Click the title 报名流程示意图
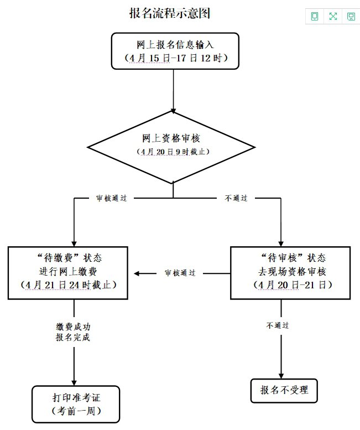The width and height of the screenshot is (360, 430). [x=169, y=13]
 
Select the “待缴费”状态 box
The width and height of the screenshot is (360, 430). [x=69, y=258]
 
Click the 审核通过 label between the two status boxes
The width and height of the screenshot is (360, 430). [x=180, y=273]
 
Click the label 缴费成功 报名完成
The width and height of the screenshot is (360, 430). [x=73, y=332]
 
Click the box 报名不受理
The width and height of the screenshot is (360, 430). [x=285, y=391]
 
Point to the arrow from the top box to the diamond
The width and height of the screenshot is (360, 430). [x=174, y=89]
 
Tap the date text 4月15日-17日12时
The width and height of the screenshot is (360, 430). [x=175, y=58]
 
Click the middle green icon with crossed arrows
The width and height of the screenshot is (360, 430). [x=333, y=17]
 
